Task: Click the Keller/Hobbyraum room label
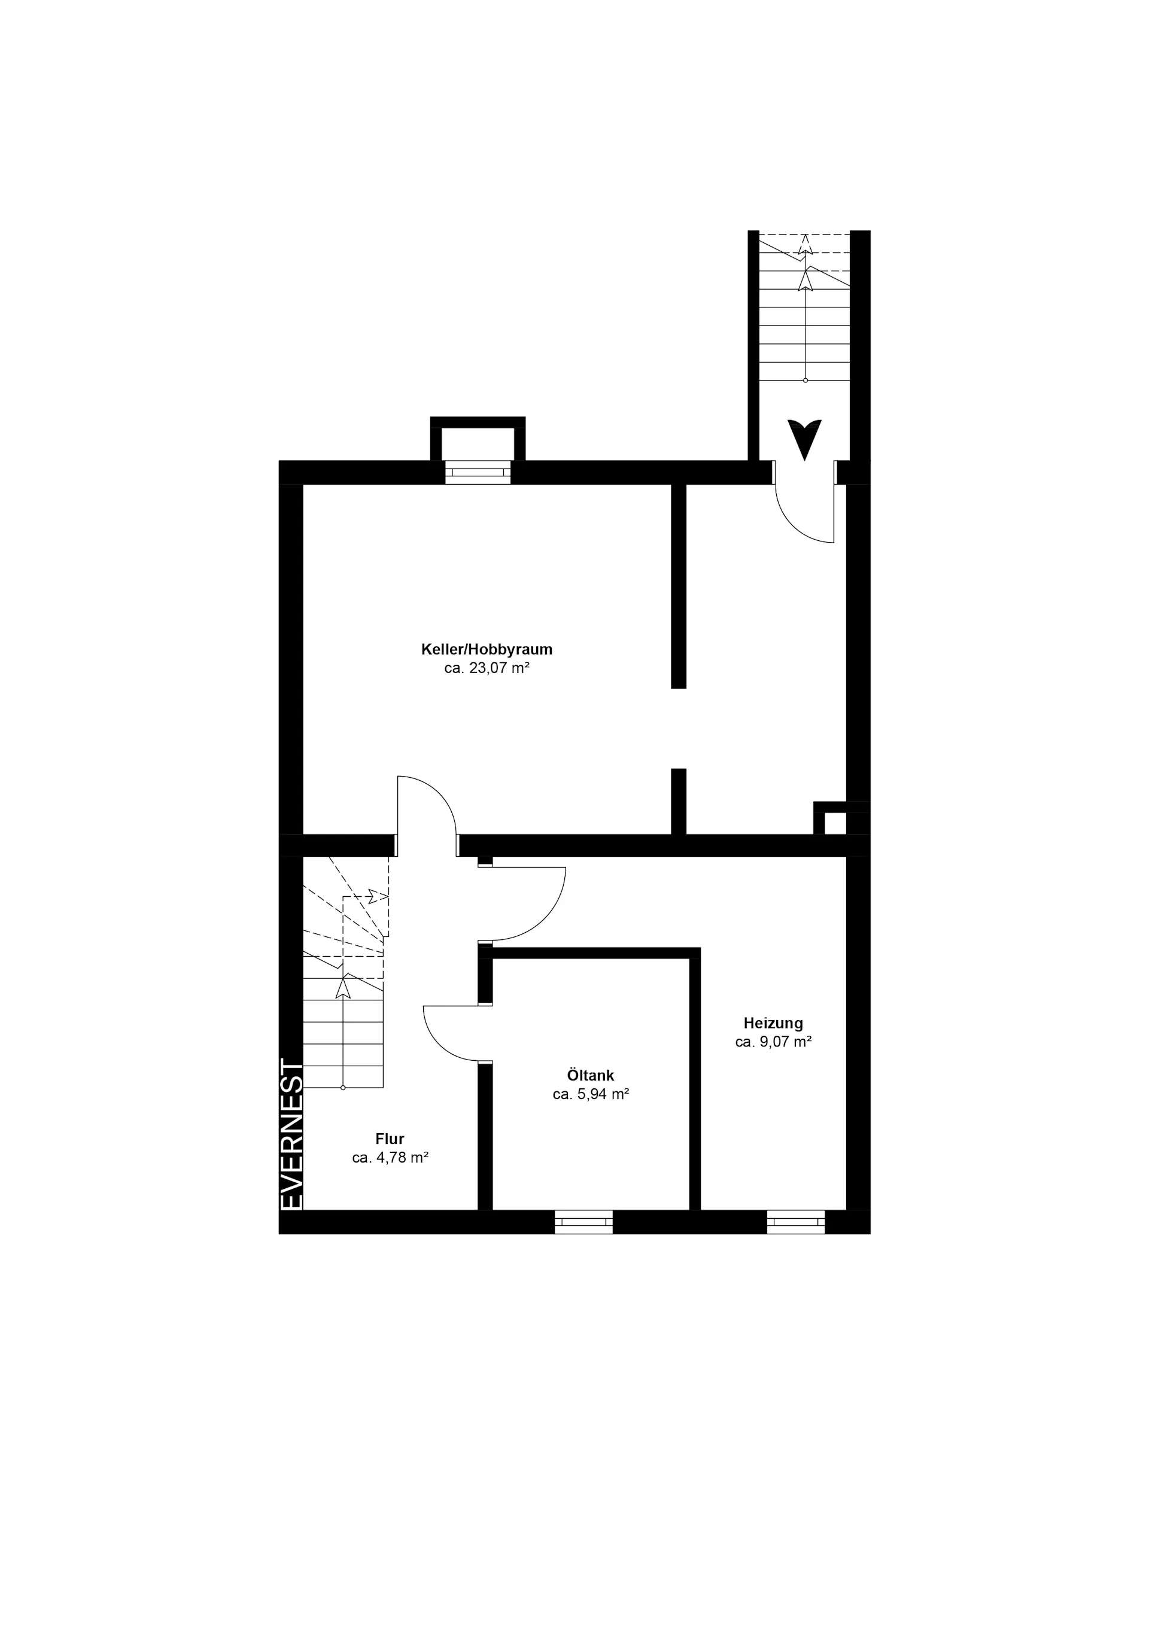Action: click(487, 649)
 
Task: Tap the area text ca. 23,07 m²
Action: click(487, 668)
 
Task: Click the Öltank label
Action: click(591, 1075)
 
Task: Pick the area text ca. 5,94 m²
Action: click(591, 1094)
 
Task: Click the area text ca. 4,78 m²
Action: click(390, 1158)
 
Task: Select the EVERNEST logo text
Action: click(291, 1134)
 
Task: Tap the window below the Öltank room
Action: click(583, 1222)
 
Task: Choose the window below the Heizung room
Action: click(796, 1222)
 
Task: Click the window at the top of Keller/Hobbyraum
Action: click(478, 472)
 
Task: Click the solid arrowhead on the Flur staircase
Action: click(343, 987)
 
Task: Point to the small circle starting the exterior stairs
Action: click(805, 380)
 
